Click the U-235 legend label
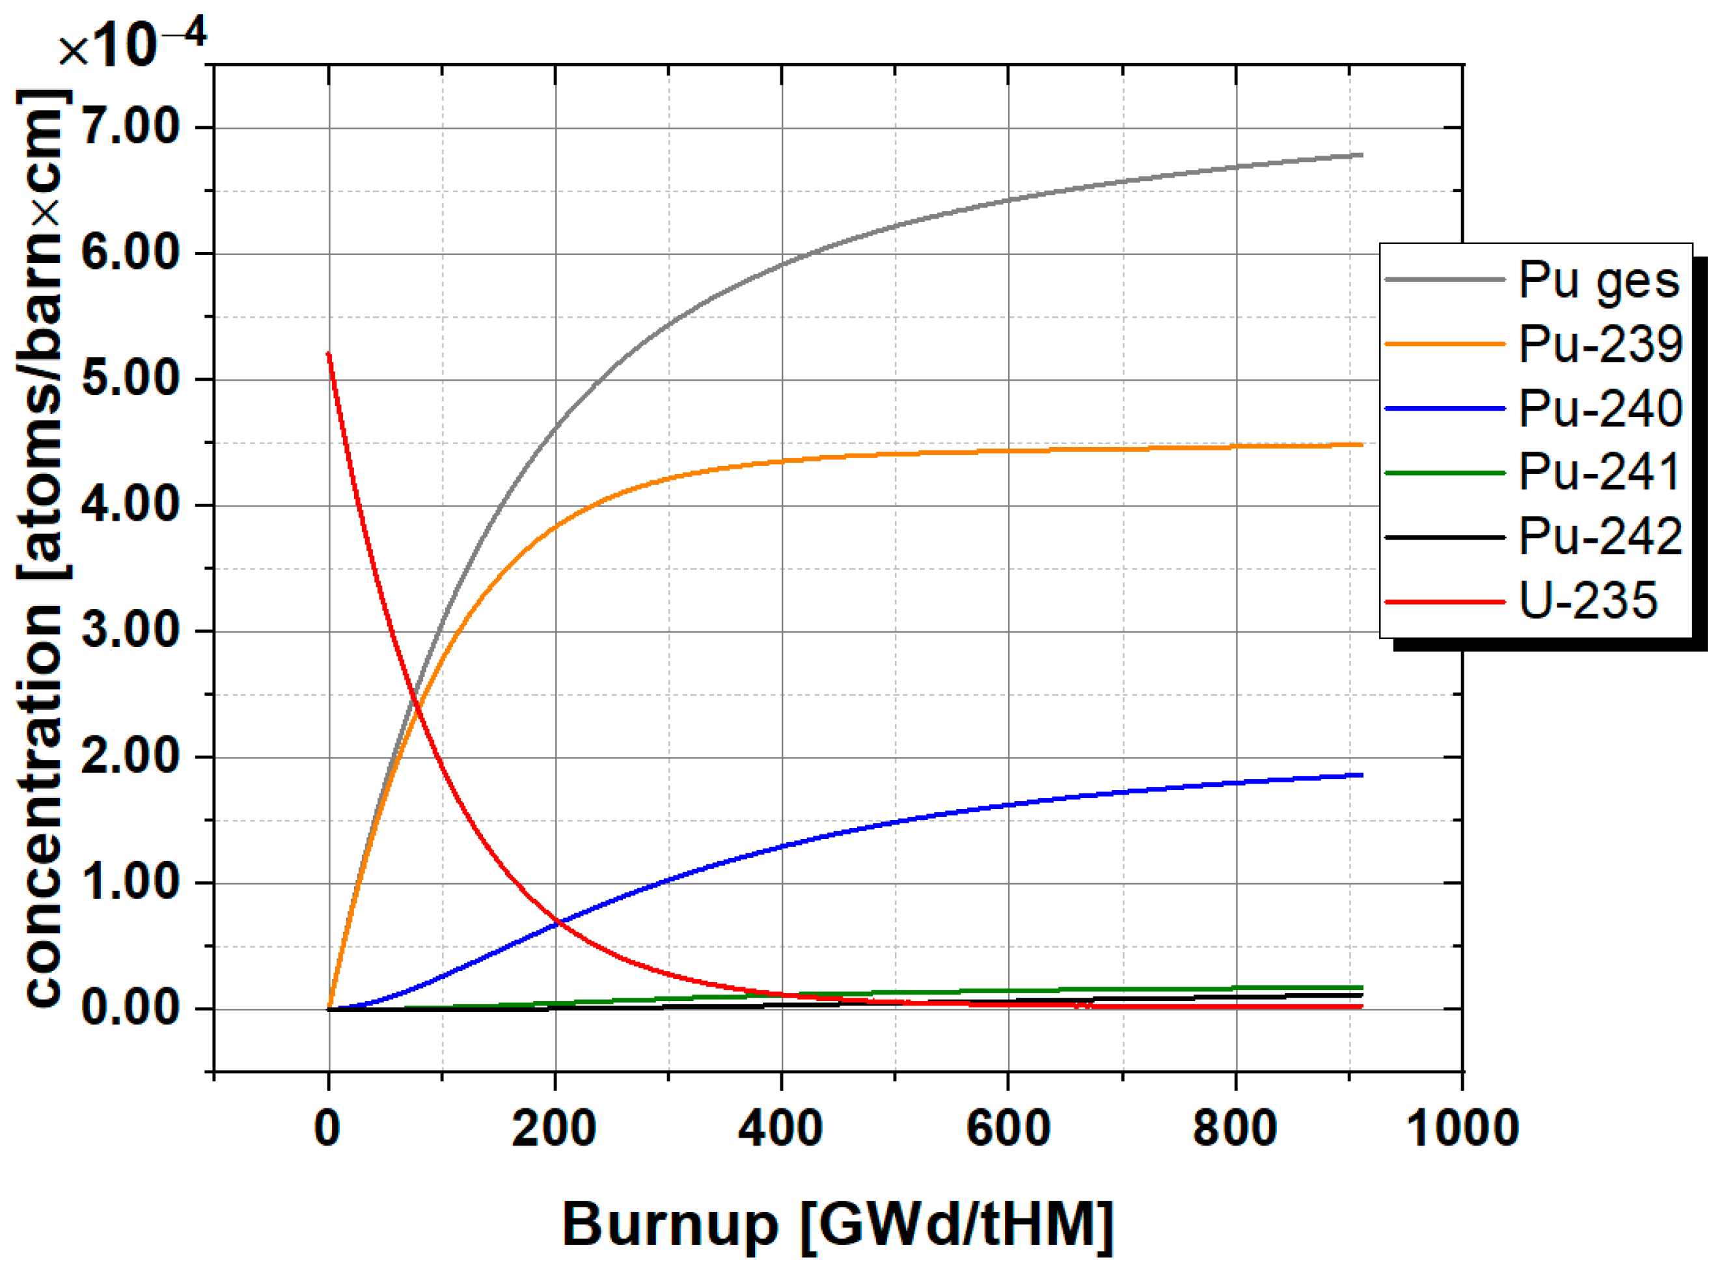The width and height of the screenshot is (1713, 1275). pos(1587,601)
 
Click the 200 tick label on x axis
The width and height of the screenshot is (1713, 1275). pos(554,1129)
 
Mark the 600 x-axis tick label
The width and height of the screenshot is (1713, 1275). pos(1007,1129)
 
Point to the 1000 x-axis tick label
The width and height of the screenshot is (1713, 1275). pos(1462,1129)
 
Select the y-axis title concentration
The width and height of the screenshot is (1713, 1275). pos(44,548)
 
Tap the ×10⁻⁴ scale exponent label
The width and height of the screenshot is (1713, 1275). pos(131,45)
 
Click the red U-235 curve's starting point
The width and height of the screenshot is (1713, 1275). pos(329,354)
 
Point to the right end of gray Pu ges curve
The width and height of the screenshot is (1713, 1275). pos(1361,155)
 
